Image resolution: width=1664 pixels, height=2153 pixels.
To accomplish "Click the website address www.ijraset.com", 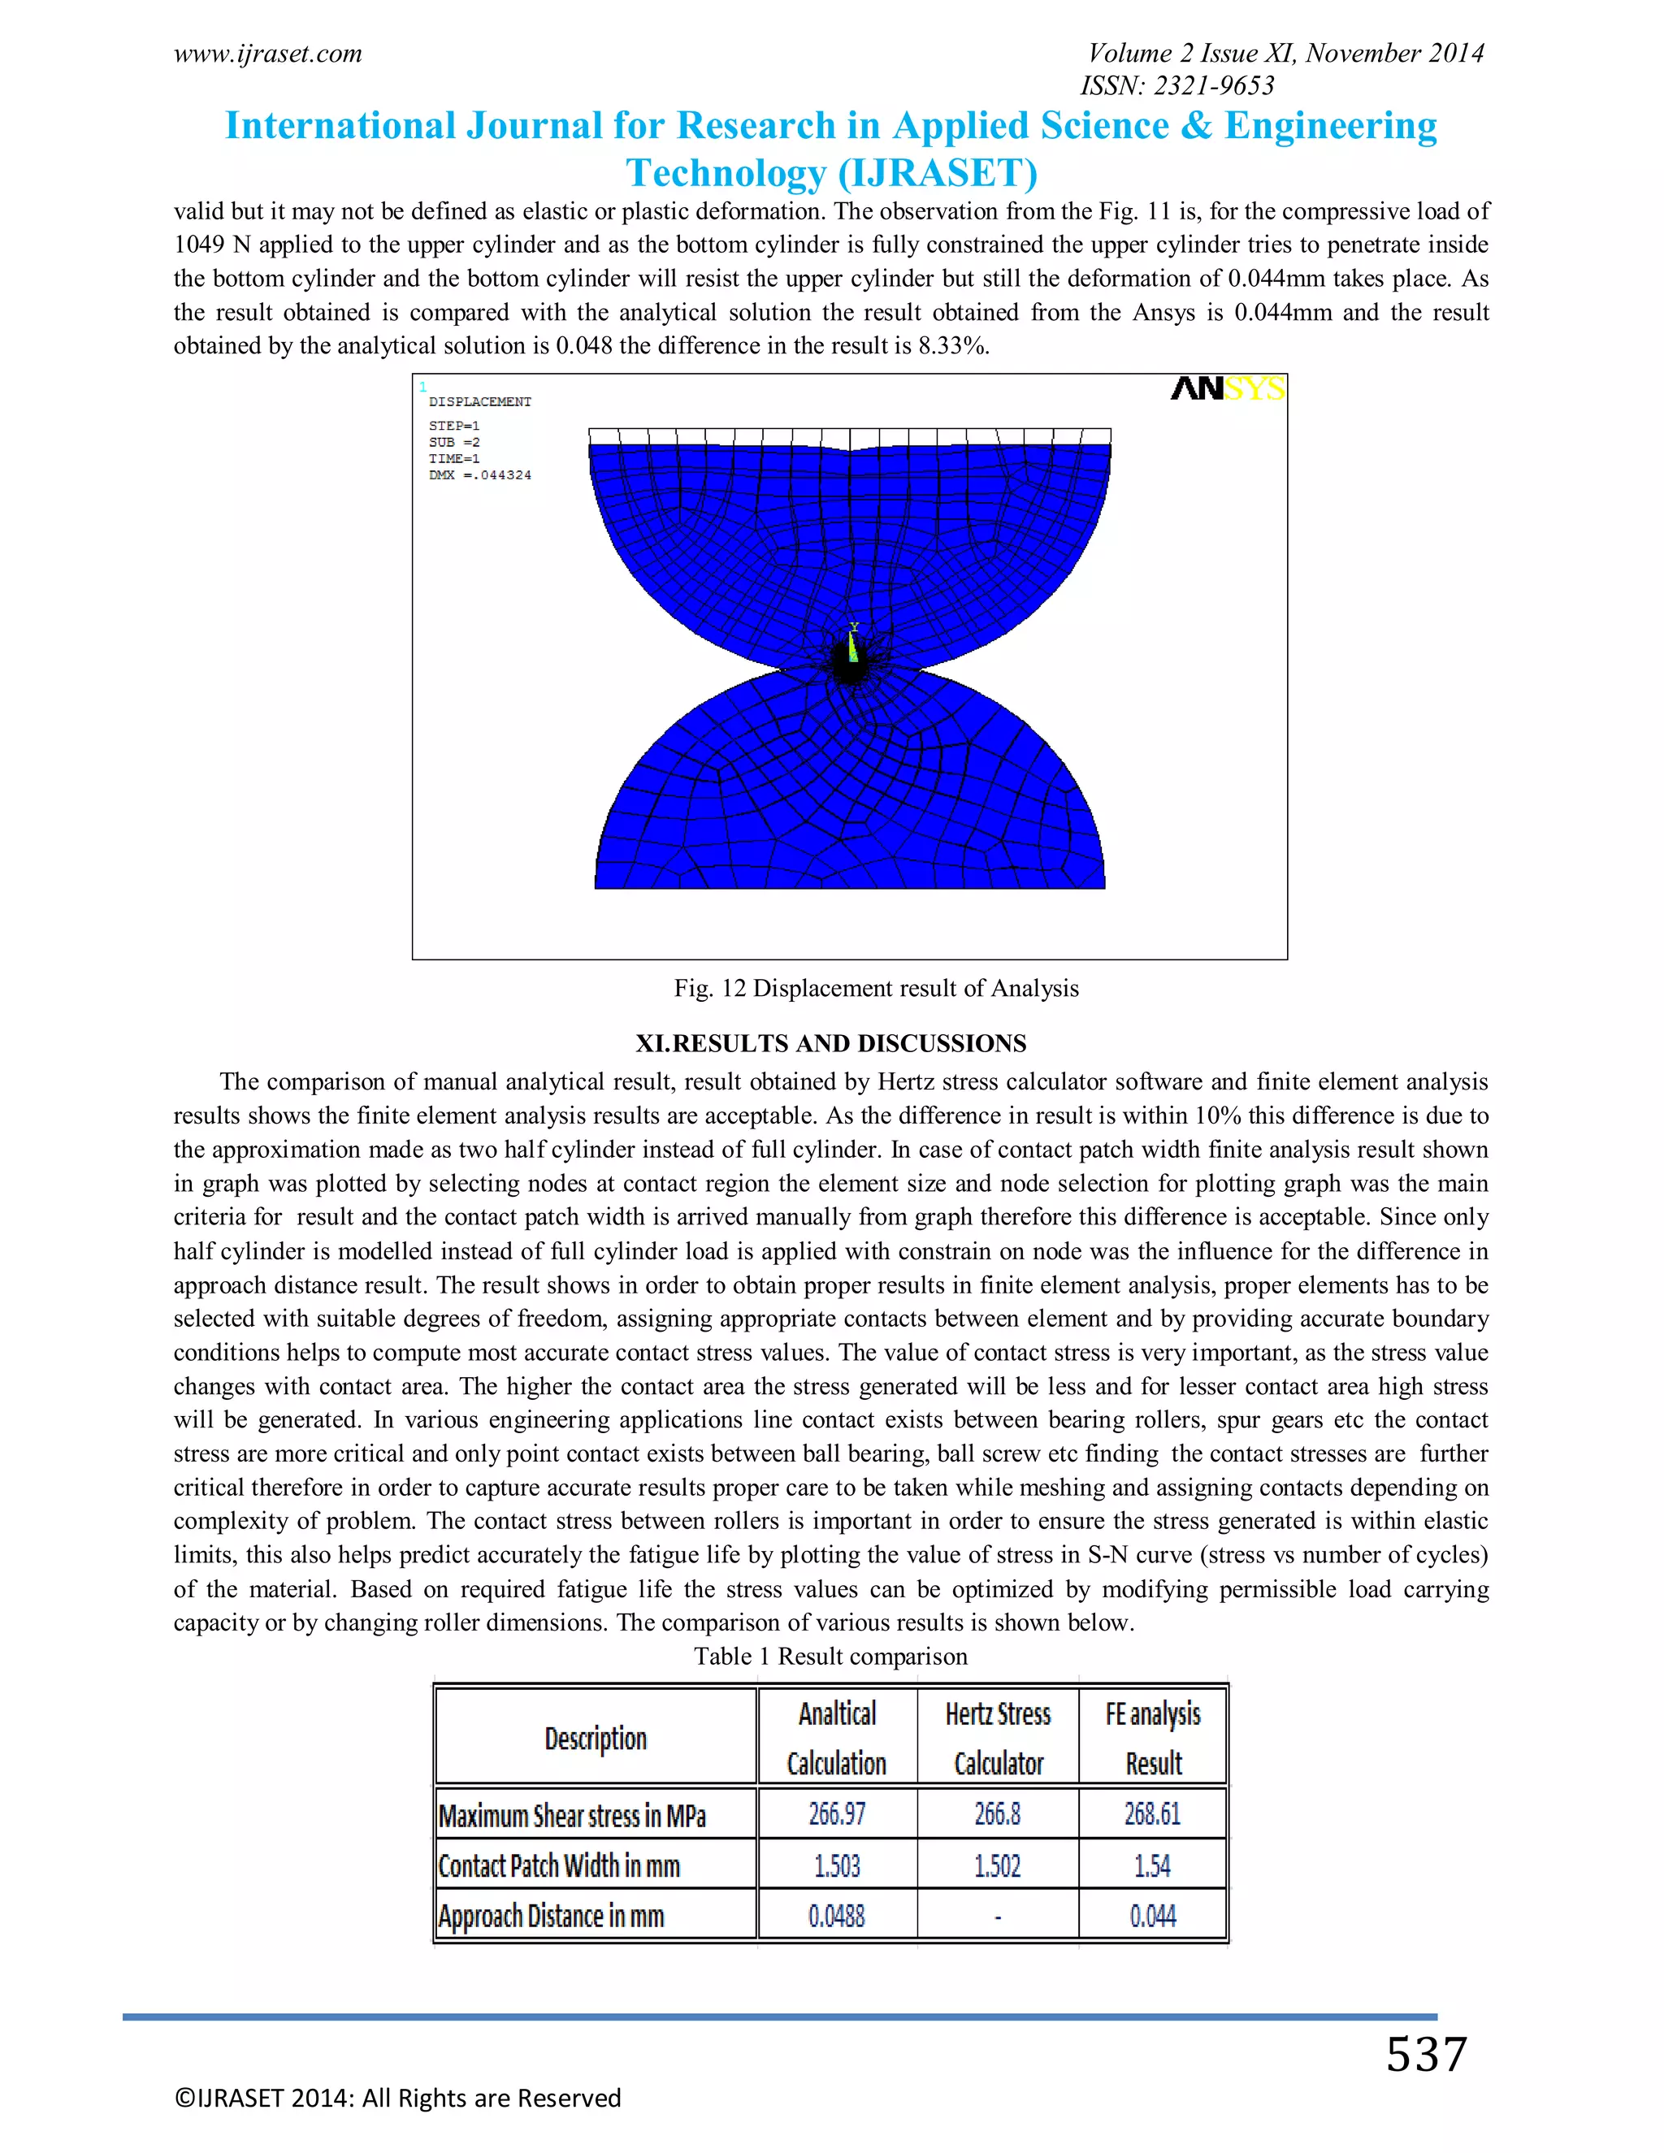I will point(268,54).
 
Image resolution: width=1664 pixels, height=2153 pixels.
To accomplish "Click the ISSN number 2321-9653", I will point(1177,86).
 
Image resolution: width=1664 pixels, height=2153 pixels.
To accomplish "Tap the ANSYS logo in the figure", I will point(1228,389).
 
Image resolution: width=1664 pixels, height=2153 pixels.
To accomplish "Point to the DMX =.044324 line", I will point(480,475).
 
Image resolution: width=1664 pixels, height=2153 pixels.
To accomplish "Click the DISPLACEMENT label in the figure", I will point(480,402).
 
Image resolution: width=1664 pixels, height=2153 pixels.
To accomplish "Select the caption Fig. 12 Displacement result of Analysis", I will point(875,988).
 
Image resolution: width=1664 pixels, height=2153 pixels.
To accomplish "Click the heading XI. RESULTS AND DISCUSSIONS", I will point(831,1043).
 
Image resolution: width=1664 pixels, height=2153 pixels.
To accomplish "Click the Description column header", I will point(596,1738).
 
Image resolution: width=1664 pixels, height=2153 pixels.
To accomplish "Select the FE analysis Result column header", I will point(1152,1738).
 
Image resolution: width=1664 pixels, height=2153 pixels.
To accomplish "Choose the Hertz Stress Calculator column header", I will point(998,1738).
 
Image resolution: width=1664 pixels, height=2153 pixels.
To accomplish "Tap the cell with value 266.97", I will point(837,1814).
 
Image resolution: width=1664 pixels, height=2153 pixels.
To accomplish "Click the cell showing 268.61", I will point(1152,1814).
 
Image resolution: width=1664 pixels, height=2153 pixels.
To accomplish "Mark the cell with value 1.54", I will point(1152,1866).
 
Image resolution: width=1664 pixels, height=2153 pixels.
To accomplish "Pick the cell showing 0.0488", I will point(837,1917).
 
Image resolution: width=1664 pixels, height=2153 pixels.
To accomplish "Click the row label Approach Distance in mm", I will point(551,1917).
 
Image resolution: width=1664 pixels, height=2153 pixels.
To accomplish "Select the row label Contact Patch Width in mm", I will point(559,1866).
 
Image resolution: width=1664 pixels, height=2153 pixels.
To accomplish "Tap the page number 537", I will point(1427,2056).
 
